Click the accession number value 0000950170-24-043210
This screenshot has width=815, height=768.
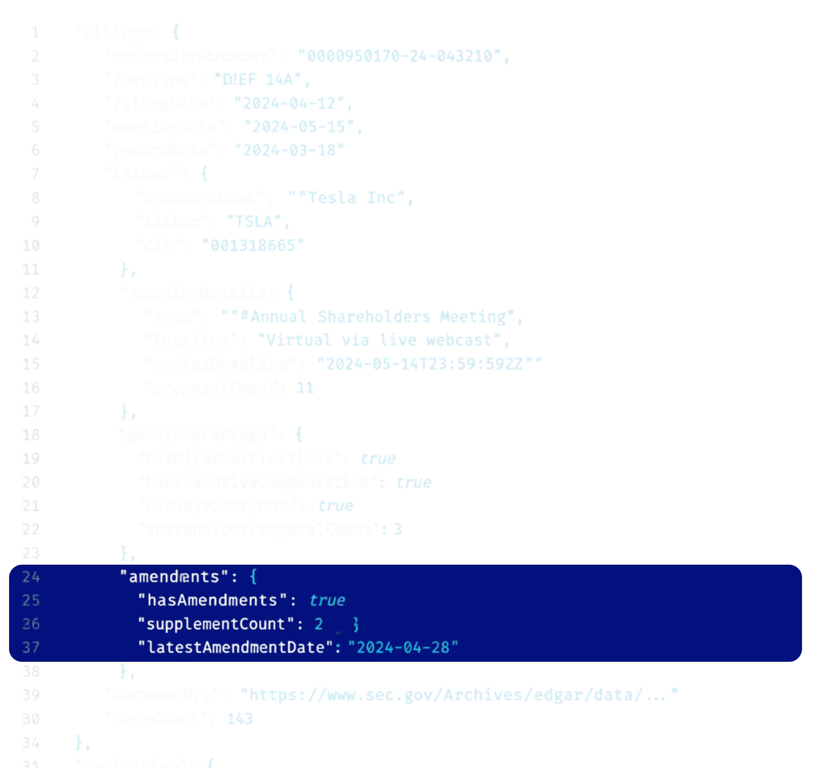pos(400,56)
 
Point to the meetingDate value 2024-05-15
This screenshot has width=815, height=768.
pos(299,127)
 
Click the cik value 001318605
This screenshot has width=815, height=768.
pos(253,245)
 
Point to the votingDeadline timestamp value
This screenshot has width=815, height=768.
pos(425,364)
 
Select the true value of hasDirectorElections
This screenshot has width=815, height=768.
pos(378,459)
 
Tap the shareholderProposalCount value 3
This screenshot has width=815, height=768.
pos(397,529)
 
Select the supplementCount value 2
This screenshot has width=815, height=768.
pos(318,624)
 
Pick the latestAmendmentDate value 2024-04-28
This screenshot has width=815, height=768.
pos(403,648)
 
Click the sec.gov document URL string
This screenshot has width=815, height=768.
pos(459,695)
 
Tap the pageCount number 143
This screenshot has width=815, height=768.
pos(239,719)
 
